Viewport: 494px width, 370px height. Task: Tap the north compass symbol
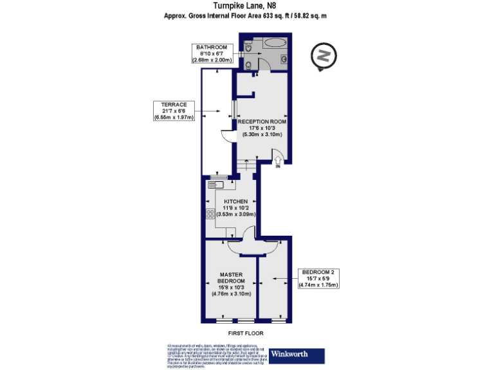(324, 55)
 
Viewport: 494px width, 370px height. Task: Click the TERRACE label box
(174, 111)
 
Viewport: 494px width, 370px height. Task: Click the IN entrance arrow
(278, 160)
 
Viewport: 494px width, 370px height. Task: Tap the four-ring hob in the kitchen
(210, 214)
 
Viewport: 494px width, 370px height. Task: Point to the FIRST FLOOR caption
(246, 333)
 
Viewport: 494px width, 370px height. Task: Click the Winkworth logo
(297, 354)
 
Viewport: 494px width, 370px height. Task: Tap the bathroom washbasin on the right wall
(284, 58)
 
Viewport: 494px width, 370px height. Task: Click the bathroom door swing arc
(263, 65)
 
